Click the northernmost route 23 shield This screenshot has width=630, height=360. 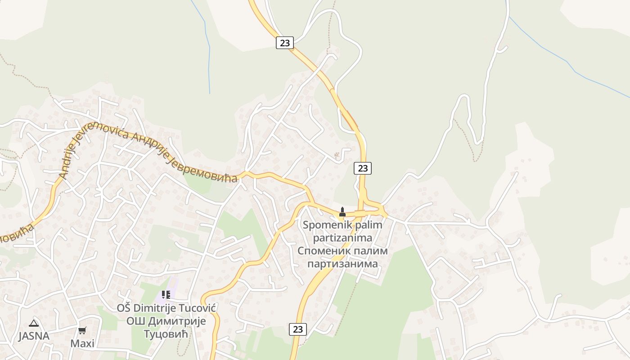tap(284, 43)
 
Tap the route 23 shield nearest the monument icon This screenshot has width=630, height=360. tap(363, 168)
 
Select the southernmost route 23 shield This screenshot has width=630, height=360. tap(297, 329)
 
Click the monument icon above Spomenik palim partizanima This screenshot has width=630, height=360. tap(342, 211)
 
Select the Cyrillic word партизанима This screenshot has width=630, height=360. tap(342, 263)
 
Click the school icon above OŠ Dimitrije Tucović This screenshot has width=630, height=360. tap(166, 295)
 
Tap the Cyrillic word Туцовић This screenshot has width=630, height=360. tap(166, 334)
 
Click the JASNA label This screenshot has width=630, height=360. tap(34, 336)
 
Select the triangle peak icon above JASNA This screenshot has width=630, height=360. tap(34, 323)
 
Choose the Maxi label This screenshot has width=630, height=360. tap(82, 343)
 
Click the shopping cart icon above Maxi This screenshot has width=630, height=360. tap(82, 331)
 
